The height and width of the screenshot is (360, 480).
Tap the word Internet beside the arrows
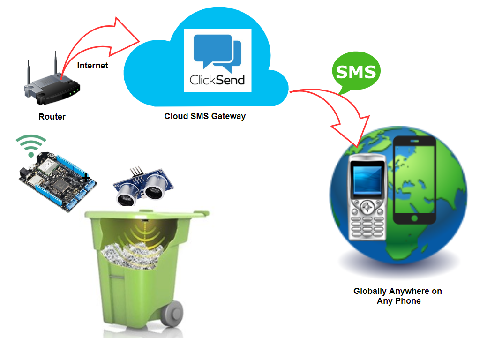92,66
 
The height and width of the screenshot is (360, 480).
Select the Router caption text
52,117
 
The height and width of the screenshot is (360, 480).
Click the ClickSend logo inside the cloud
217,60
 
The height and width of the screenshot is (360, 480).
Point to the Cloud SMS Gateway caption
205,116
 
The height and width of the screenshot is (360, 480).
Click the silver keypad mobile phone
368,196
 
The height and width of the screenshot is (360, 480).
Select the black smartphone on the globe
415,180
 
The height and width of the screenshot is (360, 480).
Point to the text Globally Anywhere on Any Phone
398,296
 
